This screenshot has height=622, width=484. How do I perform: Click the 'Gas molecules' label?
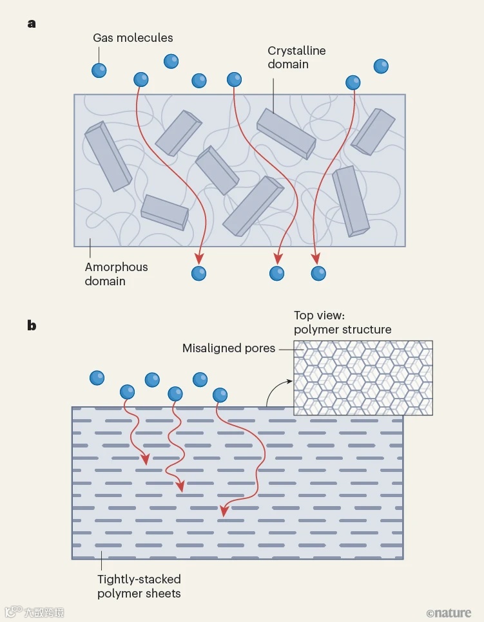133,38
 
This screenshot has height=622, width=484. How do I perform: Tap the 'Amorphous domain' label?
116,274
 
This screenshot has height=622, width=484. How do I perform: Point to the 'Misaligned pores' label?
229,348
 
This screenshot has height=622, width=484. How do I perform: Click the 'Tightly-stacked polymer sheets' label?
139,586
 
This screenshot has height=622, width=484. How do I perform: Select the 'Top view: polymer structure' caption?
342,322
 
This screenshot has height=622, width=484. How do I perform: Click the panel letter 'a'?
32,24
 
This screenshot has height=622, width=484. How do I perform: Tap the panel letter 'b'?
32,325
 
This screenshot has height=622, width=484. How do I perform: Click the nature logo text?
449,612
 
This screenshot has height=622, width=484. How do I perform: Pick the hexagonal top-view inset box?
363,378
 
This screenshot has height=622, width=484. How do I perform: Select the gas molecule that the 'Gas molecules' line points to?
99,70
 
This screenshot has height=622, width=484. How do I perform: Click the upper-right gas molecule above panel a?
381,66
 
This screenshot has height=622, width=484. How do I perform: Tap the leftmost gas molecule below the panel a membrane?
198,273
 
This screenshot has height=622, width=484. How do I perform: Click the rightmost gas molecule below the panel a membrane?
318,273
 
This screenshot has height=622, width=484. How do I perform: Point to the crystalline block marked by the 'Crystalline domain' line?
286,132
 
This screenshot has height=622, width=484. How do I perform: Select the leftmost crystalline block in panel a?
108,155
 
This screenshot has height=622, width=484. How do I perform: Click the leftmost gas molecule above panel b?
97,377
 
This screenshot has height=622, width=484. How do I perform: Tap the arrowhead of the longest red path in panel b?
224,511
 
